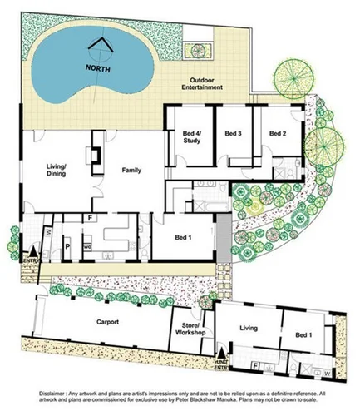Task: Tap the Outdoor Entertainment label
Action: click(203, 83)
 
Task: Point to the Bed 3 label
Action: click(233, 133)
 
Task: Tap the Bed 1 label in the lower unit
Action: click(304, 334)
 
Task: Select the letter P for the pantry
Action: click(65, 248)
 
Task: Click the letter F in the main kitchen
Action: click(90, 219)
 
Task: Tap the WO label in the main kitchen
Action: click(86, 246)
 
